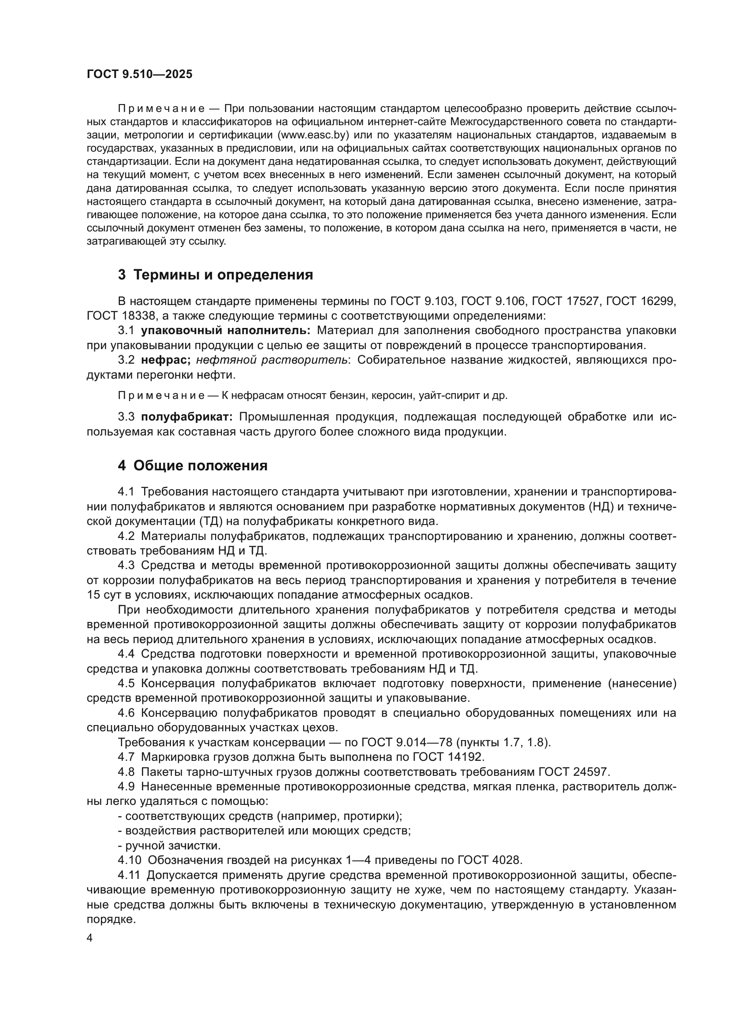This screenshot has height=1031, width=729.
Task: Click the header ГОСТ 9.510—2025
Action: (139, 74)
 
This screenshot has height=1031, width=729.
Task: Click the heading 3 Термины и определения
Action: (216, 275)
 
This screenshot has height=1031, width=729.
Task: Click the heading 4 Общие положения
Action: (193, 465)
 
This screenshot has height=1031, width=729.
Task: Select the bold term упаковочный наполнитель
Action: (225, 331)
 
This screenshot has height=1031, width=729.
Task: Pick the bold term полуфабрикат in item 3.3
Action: (187, 417)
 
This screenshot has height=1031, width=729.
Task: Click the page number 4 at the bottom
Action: (90, 938)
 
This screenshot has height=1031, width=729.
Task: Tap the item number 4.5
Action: (126, 684)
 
